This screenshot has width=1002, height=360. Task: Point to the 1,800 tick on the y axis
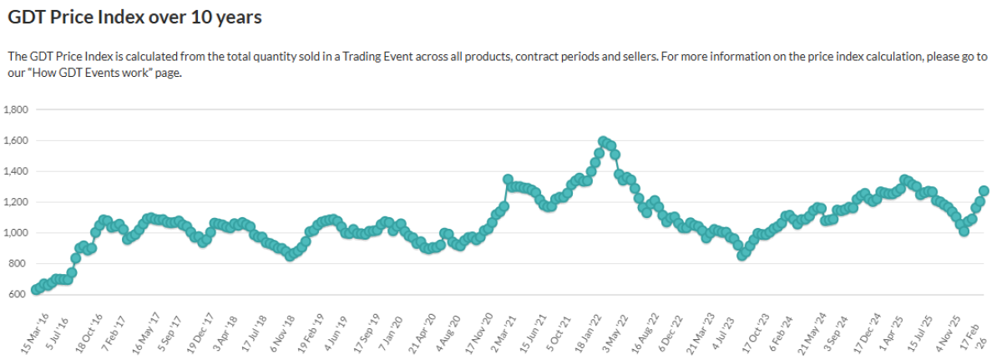pyautogui.click(x=17, y=109)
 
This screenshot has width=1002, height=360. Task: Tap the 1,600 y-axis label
pyautogui.click(x=17, y=140)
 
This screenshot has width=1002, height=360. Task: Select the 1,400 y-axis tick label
pyautogui.click(x=17, y=171)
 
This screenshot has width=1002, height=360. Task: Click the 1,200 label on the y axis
pyautogui.click(x=17, y=202)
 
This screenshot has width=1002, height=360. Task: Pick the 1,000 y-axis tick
pyautogui.click(x=17, y=233)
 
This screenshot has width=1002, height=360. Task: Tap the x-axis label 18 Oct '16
pyautogui.click(x=90, y=331)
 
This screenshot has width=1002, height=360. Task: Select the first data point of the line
pyautogui.click(x=36, y=290)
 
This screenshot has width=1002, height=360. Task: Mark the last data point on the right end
pyautogui.click(x=984, y=191)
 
